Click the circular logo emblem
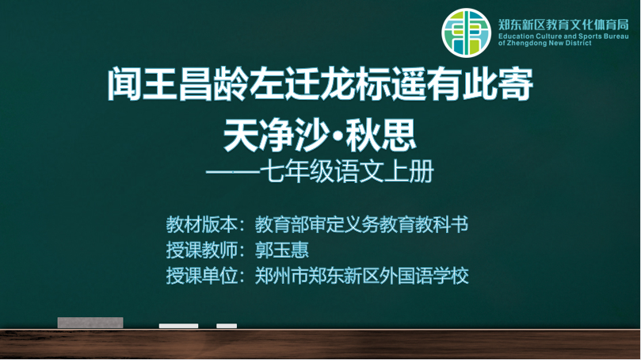click(x=466, y=33)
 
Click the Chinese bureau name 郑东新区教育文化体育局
click(x=563, y=25)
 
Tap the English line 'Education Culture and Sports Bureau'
click(x=563, y=36)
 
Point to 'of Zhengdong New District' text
click(x=545, y=43)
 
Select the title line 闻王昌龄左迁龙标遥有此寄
click(x=320, y=84)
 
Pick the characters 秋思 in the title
click(x=381, y=135)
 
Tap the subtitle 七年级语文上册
click(x=347, y=171)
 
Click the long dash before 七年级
click(x=233, y=172)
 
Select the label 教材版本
click(x=201, y=224)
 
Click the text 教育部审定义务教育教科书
click(x=361, y=224)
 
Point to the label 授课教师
click(x=201, y=250)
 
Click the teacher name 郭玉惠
click(x=281, y=250)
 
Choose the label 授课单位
click(x=201, y=276)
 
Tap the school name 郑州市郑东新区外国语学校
click(x=362, y=276)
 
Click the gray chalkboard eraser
click(x=90, y=323)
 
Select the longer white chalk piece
click(x=178, y=326)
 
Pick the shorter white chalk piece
click(x=227, y=326)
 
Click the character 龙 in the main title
click(x=338, y=84)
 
